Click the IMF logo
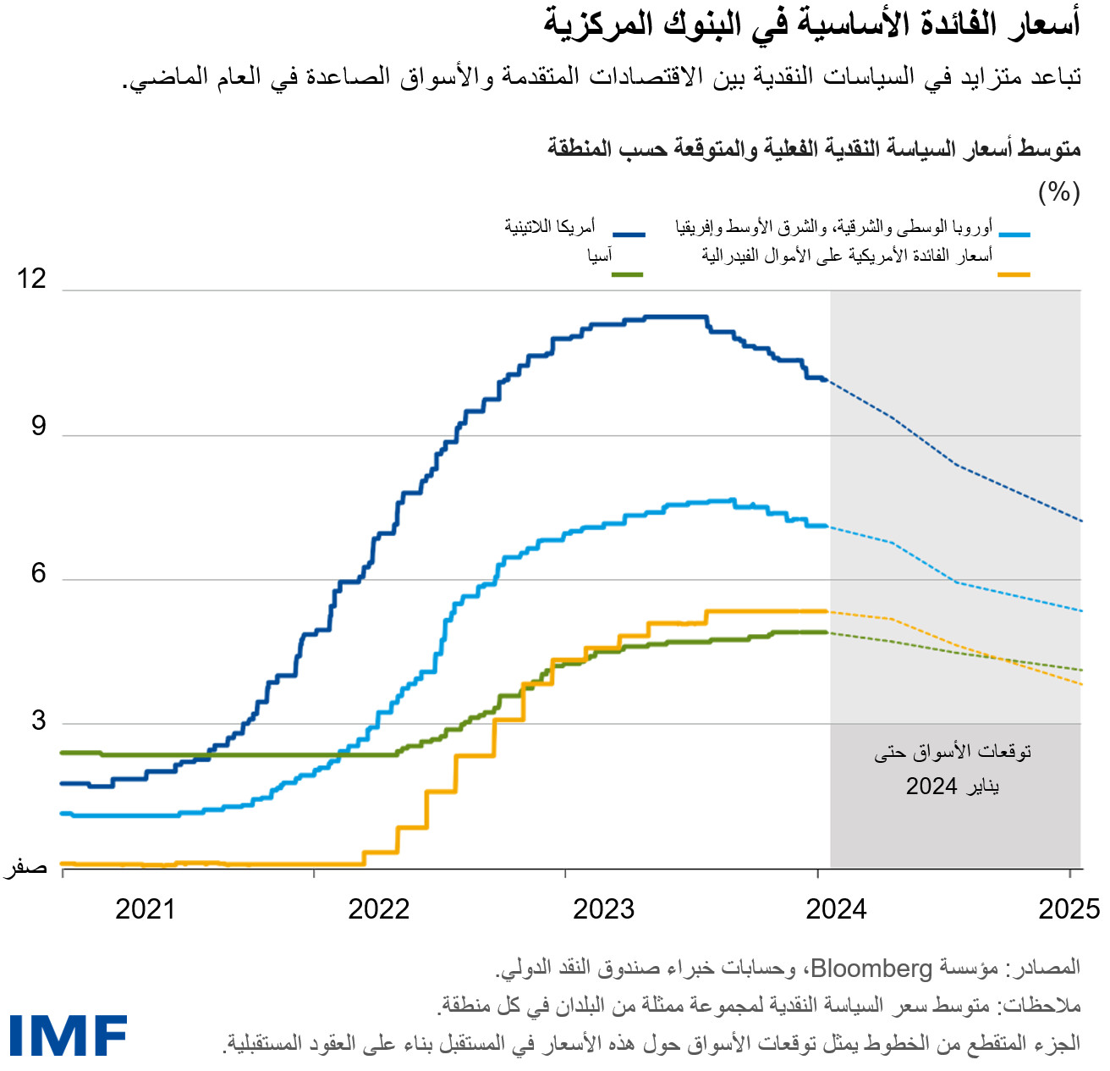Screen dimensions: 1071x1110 (x=69, y=1035)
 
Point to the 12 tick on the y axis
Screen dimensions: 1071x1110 (x=32, y=279)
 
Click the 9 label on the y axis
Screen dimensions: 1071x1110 (x=38, y=426)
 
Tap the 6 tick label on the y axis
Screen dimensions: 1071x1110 (x=38, y=573)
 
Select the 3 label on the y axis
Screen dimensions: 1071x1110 (x=38, y=720)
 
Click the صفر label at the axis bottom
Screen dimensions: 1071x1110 (x=27, y=868)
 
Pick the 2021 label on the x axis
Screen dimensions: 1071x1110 (x=145, y=909)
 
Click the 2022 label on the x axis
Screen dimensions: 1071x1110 (x=378, y=909)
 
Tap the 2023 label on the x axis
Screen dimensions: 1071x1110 (x=603, y=909)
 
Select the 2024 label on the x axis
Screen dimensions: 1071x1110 (x=836, y=909)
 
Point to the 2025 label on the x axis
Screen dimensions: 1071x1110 (x=1069, y=909)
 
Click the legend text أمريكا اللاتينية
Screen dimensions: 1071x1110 (x=550, y=227)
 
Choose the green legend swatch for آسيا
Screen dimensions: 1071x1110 (x=627, y=274)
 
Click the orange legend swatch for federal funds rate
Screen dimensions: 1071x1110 (x=1014, y=274)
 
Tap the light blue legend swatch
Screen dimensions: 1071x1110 (x=1014, y=234)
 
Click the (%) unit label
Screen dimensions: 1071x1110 (x=1058, y=192)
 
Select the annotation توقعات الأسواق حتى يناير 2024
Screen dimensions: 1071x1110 (x=953, y=769)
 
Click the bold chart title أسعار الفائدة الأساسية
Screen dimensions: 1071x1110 (x=811, y=24)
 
